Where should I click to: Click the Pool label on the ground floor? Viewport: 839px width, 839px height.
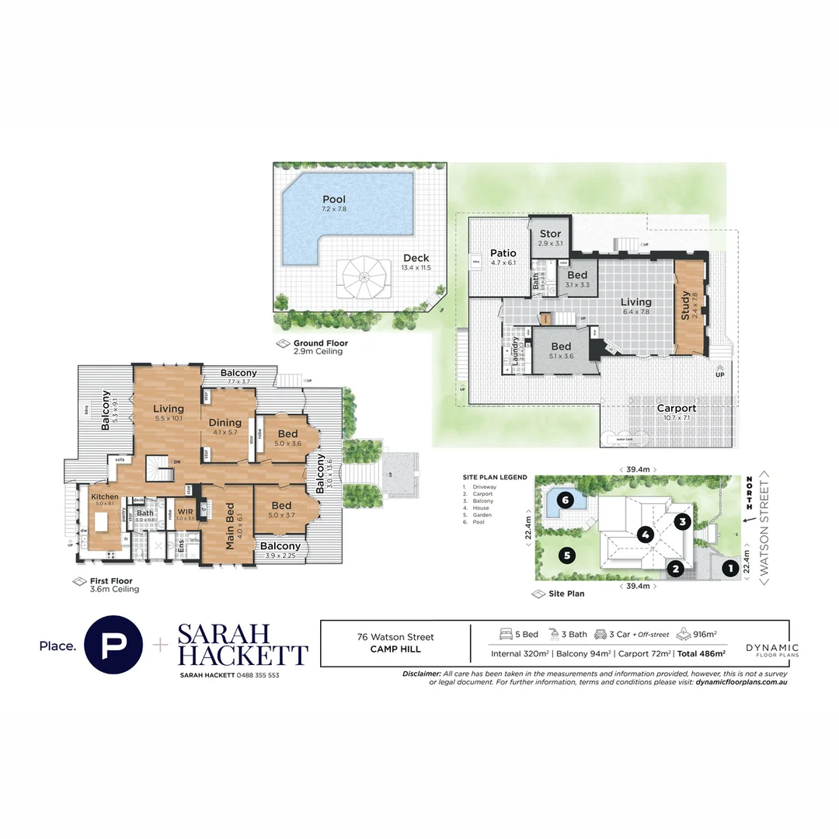(x=334, y=200)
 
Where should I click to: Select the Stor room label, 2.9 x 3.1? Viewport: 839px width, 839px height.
(x=550, y=234)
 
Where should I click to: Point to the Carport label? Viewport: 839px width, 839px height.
(x=675, y=408)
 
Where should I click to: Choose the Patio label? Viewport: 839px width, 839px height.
(x=503, y=253)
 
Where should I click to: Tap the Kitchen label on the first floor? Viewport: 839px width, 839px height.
(x=105, y=496)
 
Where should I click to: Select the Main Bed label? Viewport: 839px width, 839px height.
(x=230, y=527)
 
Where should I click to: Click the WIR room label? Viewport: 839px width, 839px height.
(x=185, y=511)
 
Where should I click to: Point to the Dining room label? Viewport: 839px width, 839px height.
(x=225, y=423)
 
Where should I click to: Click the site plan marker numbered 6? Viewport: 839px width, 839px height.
(x=566, y=501)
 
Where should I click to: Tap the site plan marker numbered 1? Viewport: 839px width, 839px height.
(x=729, y=569)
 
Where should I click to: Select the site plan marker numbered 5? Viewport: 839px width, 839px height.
(x=568, y=555)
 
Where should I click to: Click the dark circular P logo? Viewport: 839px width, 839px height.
(x=113, y=645)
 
